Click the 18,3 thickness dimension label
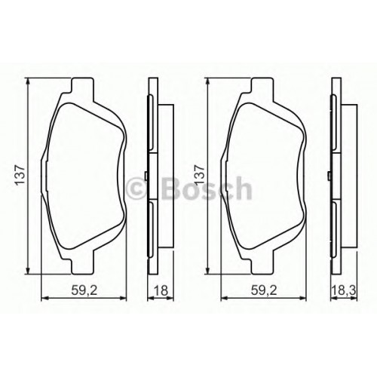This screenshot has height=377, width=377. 344,291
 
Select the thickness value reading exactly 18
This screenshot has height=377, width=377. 161,291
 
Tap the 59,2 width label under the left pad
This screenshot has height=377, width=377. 84,291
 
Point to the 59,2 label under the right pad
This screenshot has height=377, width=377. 264,291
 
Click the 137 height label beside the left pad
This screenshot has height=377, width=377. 20,176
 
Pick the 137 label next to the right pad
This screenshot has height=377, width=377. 200,176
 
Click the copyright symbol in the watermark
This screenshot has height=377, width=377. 136,188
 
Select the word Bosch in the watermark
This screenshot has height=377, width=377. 207,188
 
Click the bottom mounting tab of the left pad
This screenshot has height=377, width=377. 83,266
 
